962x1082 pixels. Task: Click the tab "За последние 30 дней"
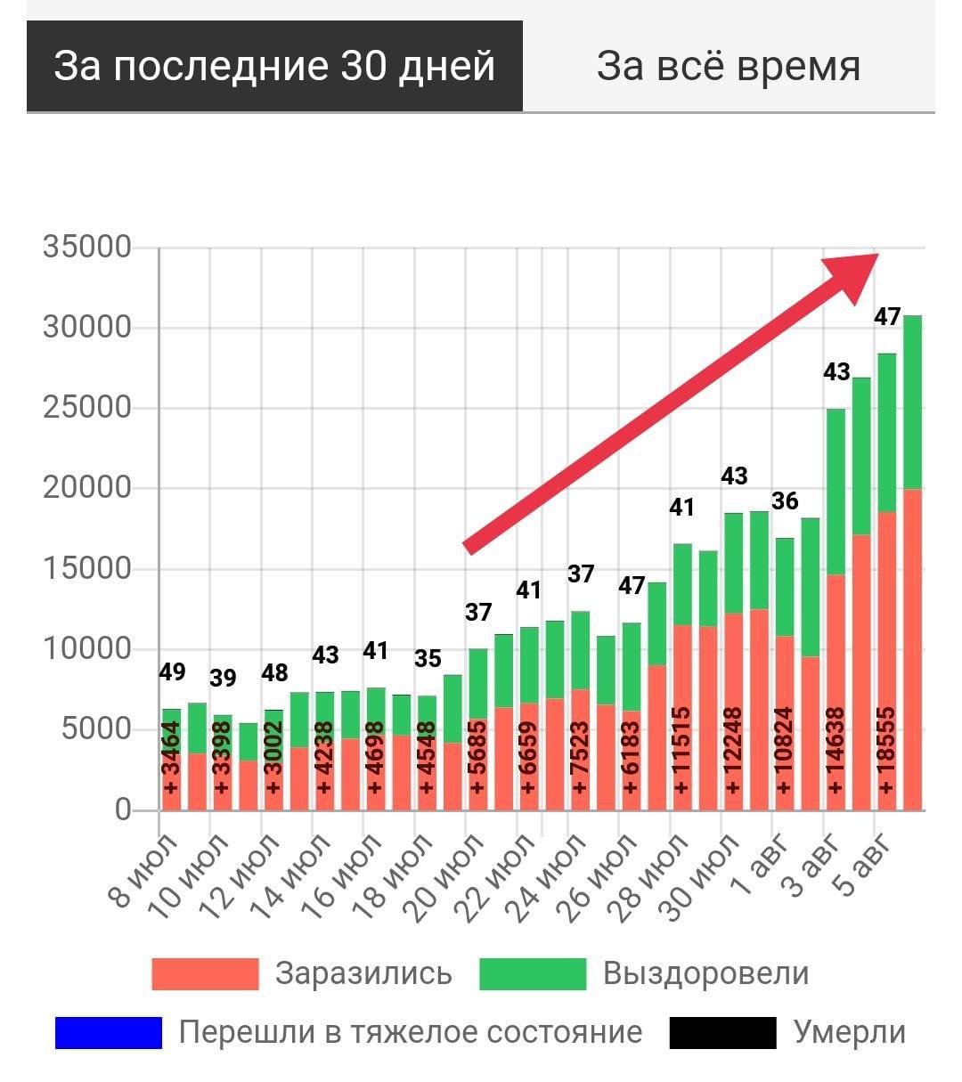click(x=274, y=66)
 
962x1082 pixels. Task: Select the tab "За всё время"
click(x=728, y=66)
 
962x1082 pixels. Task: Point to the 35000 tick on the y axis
click(x=87, y=247)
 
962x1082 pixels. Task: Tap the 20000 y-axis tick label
click(x=87, y=488)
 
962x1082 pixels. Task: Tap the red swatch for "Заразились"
click(x=205, y=974)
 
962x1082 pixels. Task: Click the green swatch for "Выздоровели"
click(x=532, y=974)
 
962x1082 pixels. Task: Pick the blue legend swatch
click(x=108, y=1033)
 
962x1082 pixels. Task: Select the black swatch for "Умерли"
click(x=722, y=1033)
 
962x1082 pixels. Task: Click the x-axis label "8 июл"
click(x=147, y=870)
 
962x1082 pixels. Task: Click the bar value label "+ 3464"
click(x=171, y=757)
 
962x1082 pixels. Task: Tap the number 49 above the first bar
click(x=172, y=671)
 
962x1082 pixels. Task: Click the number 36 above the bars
click(x=785, y=500)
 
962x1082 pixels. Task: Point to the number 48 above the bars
click(x=274, y=672)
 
